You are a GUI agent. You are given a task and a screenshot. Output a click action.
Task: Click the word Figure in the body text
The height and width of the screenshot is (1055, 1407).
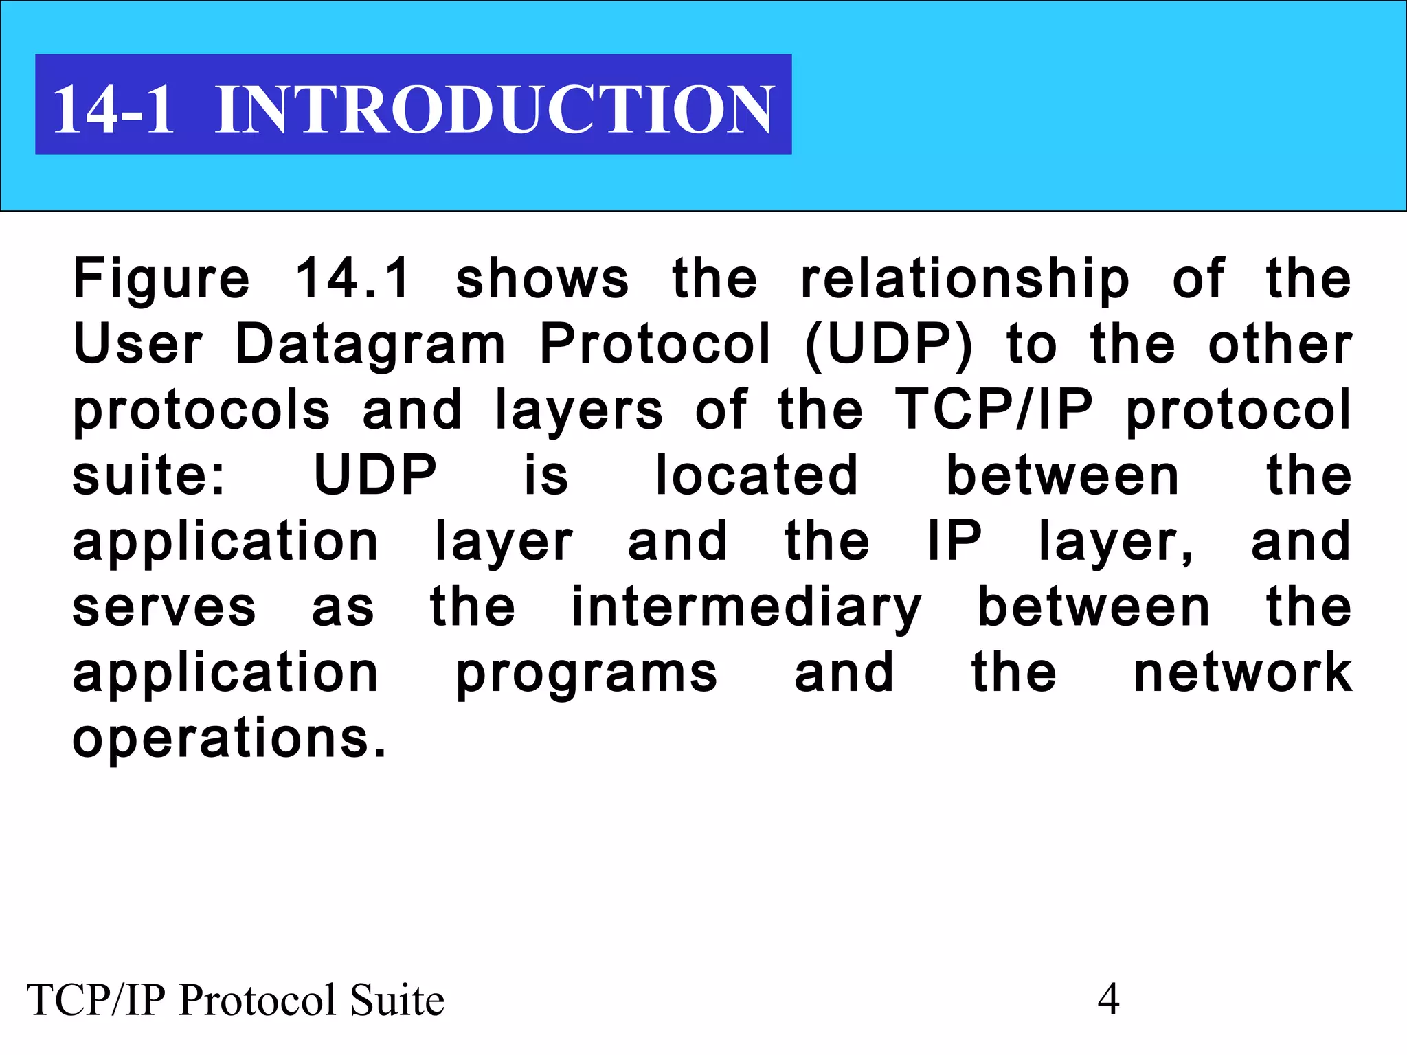(x=161, y=280)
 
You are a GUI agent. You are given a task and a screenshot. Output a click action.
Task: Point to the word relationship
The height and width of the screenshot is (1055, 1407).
(x=965, y=280)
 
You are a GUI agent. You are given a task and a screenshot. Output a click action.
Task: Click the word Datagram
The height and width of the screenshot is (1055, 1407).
(x=370, y=345)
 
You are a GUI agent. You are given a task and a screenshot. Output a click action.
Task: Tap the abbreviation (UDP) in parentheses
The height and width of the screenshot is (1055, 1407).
(x=888, y=345)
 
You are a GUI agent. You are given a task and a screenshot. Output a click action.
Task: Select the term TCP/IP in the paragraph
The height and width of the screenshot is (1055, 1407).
(x=993, y=409)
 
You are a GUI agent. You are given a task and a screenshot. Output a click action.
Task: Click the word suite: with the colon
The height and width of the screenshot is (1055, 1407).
(x=148, y=475)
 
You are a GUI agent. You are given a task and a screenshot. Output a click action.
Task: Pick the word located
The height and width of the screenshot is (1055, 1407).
(x=756, y=475)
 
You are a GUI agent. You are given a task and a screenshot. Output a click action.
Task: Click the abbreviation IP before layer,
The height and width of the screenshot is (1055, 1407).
(x=955, y=541)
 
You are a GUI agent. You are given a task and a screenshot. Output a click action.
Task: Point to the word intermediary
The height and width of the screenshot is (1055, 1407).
(x=747, y=608)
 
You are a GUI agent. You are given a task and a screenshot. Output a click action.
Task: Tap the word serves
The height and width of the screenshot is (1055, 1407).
(x=164, y=608)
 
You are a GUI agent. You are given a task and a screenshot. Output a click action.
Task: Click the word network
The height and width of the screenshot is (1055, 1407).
(x=1243, y=673)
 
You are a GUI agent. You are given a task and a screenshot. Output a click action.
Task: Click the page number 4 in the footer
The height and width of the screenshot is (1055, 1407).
(x=1108, y=999)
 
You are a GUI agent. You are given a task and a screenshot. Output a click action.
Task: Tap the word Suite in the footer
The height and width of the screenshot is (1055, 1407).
(x=397, y=1000)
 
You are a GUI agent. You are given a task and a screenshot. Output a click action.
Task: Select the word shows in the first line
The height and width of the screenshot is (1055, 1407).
(x=542, y=280)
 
